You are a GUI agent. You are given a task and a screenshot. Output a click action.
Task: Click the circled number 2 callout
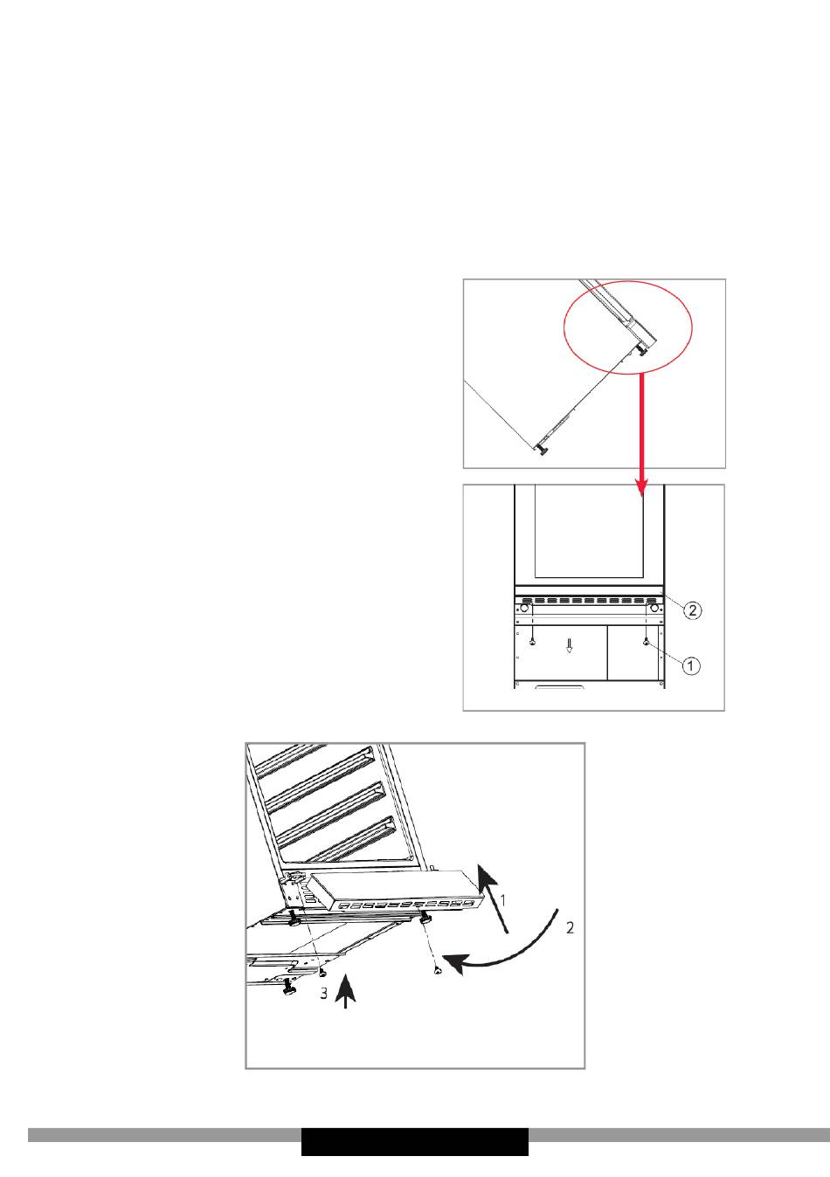pyautogui.click(x=692, y=610)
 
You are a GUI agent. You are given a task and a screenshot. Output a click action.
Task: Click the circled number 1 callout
pyautogui.click(x=691, y=665)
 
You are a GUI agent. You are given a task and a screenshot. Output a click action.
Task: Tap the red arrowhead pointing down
pyautogui.click(x=641, y=486)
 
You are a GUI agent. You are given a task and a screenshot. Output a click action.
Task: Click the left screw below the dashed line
pyautogui.click(x=532, y=641)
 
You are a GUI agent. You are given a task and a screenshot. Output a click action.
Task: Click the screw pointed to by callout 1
pyautogui.click(x=646, y=641)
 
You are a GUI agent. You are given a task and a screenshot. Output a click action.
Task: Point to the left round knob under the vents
pyautogui.click(x=523, y=609)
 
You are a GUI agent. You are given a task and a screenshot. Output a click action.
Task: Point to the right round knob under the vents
pyautogui.click(x=654, y=609)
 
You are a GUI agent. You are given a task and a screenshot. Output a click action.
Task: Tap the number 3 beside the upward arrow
pyautogui.click(x=324, y=993)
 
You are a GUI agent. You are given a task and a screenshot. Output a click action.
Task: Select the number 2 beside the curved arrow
pyautogui.click(x=570, y=928)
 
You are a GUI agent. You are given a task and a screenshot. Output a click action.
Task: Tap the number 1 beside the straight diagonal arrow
pyautogui.click(x=502, y=900)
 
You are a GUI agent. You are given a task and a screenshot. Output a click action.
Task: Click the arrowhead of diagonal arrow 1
pyautogui.click(x=488, y=877)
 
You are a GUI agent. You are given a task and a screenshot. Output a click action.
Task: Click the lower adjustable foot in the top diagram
pyautogui.click(x=541, y=450)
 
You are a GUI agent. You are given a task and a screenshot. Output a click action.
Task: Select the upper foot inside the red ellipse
pyautogui.click(x=642, y=350)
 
